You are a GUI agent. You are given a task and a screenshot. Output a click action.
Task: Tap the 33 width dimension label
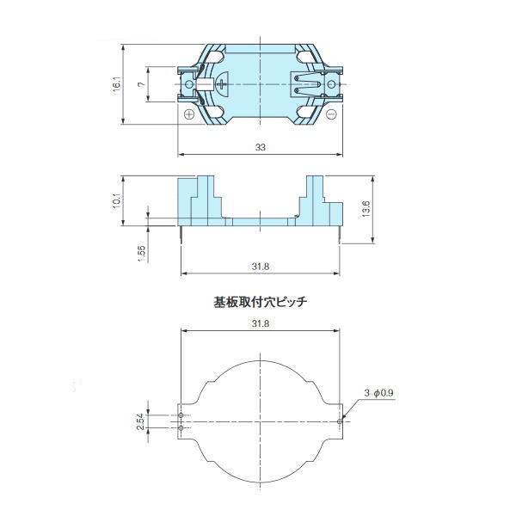coord(260,147)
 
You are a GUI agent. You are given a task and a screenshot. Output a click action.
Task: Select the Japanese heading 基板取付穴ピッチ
coord(260,303)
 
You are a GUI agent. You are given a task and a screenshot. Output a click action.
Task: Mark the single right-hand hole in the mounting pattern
coord(341,421)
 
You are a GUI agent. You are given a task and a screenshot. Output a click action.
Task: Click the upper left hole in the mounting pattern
coord(181,415)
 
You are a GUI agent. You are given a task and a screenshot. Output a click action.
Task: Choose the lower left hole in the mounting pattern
coord(181,427)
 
